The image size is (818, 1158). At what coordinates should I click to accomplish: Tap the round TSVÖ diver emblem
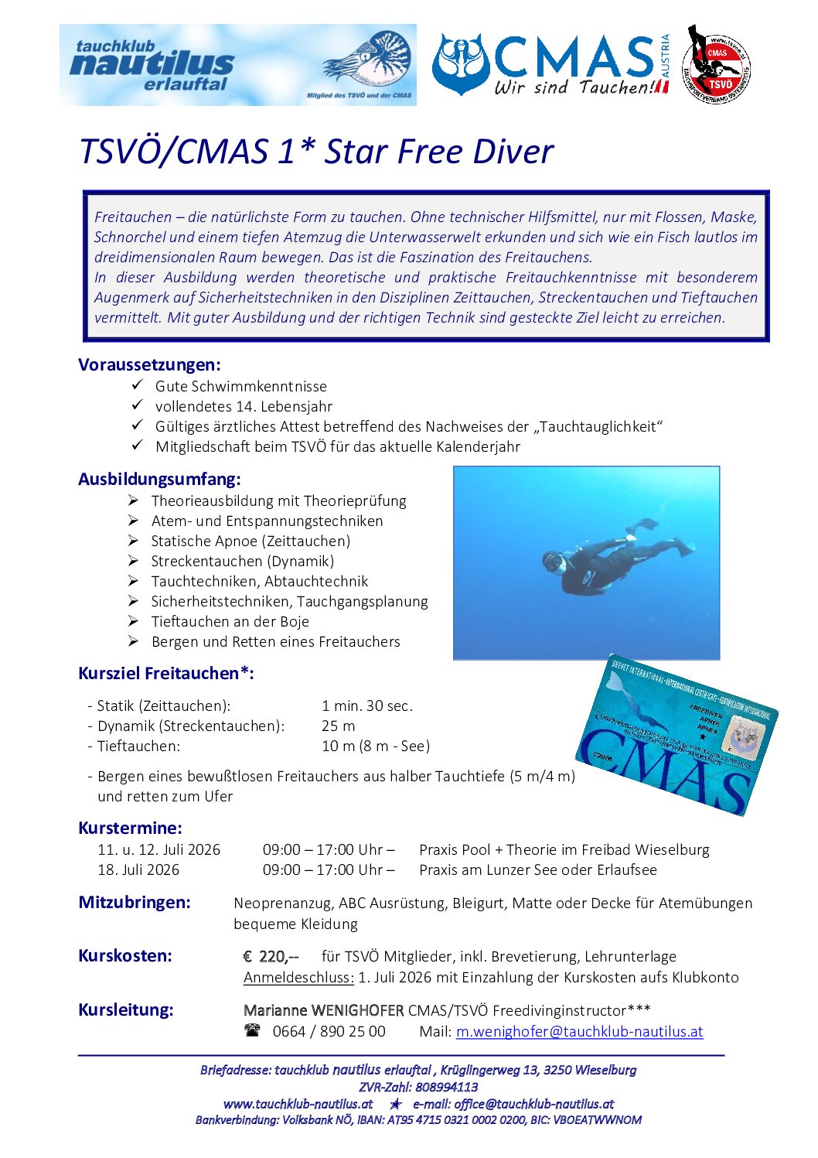[716, 65]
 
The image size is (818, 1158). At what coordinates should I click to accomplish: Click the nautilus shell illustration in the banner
[370, 60]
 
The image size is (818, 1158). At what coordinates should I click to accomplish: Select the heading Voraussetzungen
[149, 364]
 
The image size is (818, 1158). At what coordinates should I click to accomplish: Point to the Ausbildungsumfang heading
[159, 479]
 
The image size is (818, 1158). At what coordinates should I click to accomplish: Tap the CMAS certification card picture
[678, 734]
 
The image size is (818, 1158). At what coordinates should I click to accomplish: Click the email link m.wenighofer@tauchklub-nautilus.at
[579, 1031]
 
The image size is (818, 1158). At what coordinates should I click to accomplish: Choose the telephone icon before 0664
[252, 1030]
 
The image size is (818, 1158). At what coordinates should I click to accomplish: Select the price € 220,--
[271, 956]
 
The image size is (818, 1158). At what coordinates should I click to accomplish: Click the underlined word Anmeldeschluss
[298, 977]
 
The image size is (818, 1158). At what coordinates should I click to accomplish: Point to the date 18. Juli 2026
[138, 869]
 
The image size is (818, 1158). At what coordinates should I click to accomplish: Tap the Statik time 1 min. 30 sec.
[367, 705]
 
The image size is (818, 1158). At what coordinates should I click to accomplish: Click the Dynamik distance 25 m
[339, 726]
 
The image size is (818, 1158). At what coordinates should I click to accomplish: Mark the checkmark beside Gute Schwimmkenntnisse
[138, 384]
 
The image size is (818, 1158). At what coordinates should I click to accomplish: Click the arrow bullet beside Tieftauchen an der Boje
[134, 620]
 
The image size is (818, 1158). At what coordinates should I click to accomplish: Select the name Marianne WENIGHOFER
[323, 1010]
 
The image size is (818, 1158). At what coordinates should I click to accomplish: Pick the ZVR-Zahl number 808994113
[447, 1087]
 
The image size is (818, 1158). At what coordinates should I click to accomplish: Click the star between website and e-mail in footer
[395, 1104]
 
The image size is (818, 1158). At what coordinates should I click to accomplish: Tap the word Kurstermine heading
[130, 828]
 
